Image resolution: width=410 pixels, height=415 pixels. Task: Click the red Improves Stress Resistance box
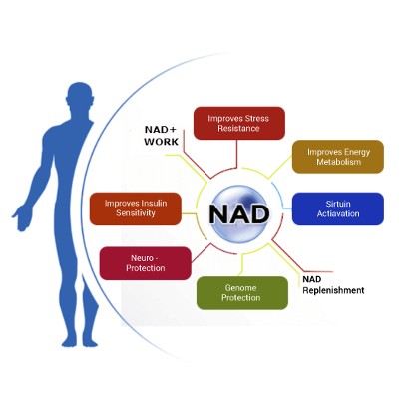tap(238, 124)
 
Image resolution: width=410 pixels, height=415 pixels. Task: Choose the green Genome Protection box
tap(241, 293)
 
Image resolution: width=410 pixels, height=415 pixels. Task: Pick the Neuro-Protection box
tap(145, 263)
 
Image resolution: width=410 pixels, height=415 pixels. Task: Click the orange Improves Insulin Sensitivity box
tap(136, 208)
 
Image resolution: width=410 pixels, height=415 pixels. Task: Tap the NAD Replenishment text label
tap(333, 285)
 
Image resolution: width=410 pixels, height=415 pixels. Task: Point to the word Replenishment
tap(333, 291)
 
